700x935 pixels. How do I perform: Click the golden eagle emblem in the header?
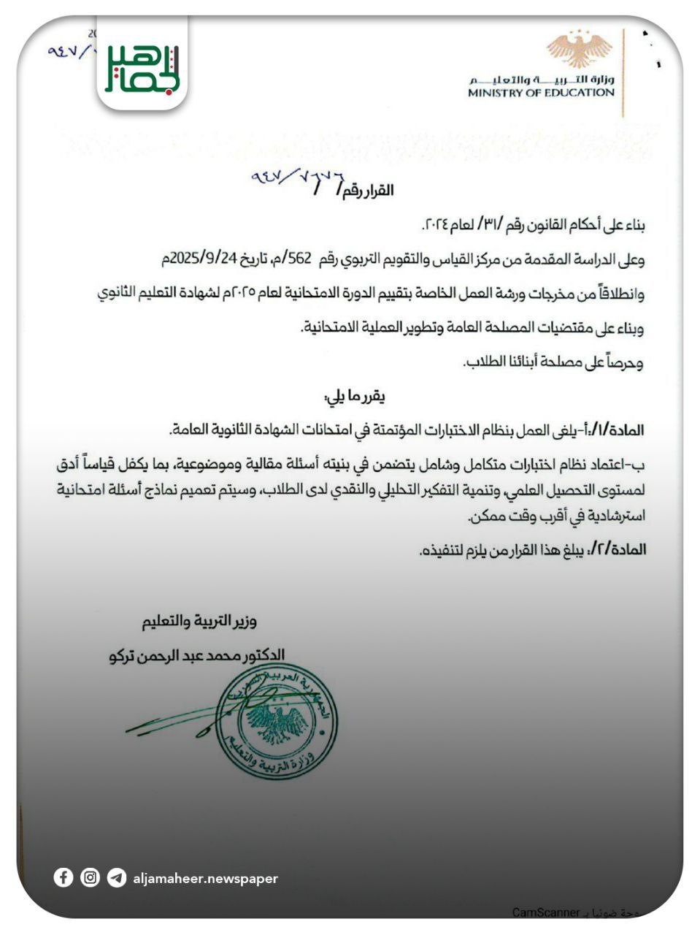point(580,50)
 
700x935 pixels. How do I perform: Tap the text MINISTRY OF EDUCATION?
point(541,93)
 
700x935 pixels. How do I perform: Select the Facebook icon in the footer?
point(64,877)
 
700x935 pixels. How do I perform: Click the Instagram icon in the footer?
point(90,877)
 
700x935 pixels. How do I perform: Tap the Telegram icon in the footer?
point(116,877)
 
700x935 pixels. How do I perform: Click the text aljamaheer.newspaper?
point(205,878)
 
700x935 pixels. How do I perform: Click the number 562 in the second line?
point(300,259)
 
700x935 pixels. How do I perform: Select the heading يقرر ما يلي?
point(355,397)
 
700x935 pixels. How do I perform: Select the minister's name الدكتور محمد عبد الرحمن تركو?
point(197,654)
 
